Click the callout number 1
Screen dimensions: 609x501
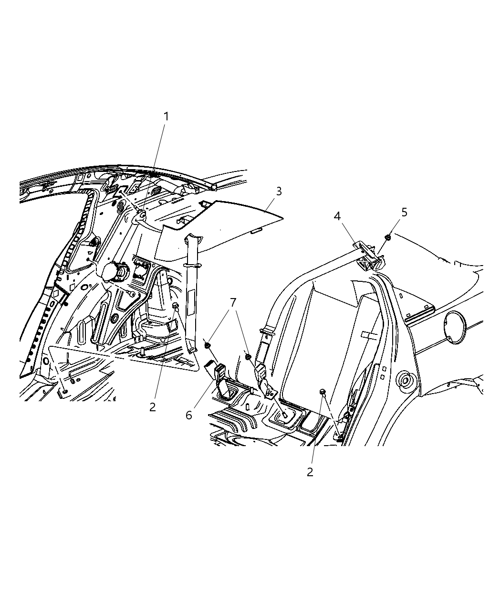point(166,117)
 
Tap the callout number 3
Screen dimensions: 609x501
point(279,192)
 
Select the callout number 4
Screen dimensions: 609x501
point(337,216)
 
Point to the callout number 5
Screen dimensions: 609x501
point(404,213)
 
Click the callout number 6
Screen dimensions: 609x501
point(189,415)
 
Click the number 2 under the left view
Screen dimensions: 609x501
point(152,407)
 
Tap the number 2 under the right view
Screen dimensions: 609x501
point(310,472)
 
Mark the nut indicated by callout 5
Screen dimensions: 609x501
point(388,237)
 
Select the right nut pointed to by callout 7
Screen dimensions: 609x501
point(248,356)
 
